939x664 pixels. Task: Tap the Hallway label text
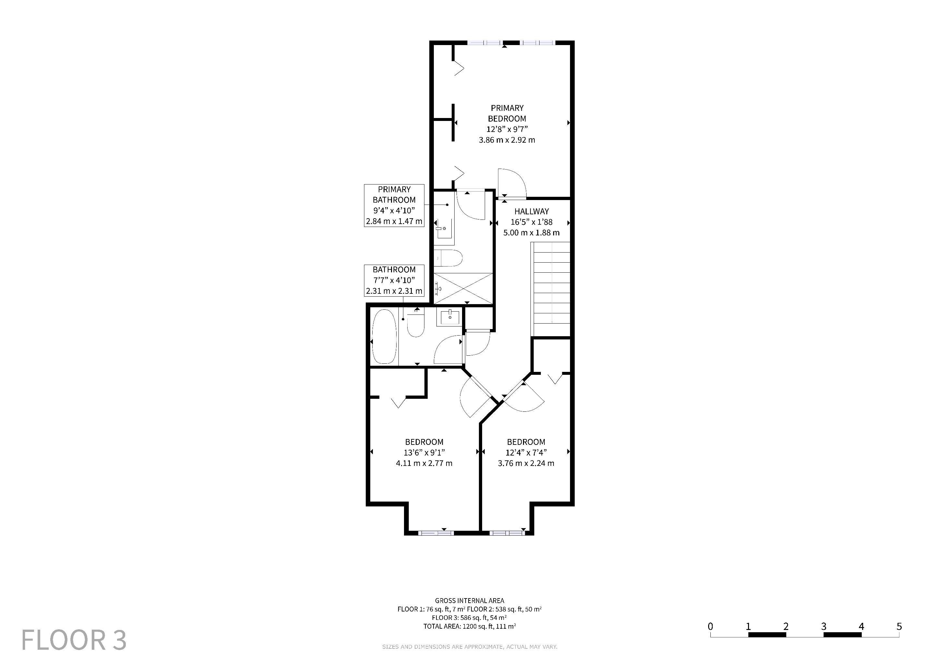tap(531, 211)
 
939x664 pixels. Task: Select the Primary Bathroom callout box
tap(394, 206)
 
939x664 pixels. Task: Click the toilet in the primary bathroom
tap(448, 258)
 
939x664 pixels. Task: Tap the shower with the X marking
tap(463, 288)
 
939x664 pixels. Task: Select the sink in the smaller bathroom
tap(450, 317)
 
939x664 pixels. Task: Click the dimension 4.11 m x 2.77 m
tap(424, 463)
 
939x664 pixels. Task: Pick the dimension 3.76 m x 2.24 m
tap(526, 463)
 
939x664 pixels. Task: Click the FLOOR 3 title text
tap(74, 640)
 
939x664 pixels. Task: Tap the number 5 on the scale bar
tap(899, 626)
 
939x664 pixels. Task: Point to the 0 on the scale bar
tap(710, 626)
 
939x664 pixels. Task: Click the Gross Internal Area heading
tap(469, 601)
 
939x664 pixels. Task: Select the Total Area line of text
tap(469, 626)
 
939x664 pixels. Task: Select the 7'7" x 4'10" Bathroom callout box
tap(394, 280)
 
